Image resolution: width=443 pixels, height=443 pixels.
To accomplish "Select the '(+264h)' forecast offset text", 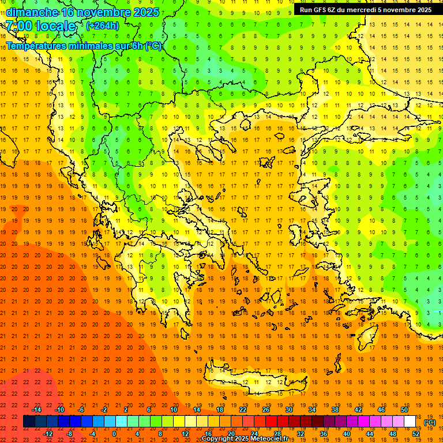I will (x=103, y=25).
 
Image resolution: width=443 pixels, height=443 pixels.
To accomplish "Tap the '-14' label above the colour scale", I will (x=37, y=410).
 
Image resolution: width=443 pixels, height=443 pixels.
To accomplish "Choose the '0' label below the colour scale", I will (x=114, y=434).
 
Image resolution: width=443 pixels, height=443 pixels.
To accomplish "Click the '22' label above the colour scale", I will (x=243, y=410).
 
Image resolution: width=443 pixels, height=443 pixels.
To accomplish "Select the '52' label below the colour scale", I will (x=415, y=434).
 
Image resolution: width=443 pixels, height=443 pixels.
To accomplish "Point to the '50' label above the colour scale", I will (x=404, y=410).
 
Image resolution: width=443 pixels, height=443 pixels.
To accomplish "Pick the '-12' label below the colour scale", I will (x=48, y=434).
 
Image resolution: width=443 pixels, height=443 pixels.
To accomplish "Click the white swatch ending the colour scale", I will (x=410, y=422).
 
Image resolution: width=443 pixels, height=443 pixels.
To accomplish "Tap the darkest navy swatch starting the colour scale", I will (x=29, y=422).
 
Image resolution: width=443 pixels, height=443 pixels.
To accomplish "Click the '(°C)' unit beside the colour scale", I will (x=429, y=422).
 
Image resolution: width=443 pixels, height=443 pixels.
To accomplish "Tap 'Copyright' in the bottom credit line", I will (x=217, y=439).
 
